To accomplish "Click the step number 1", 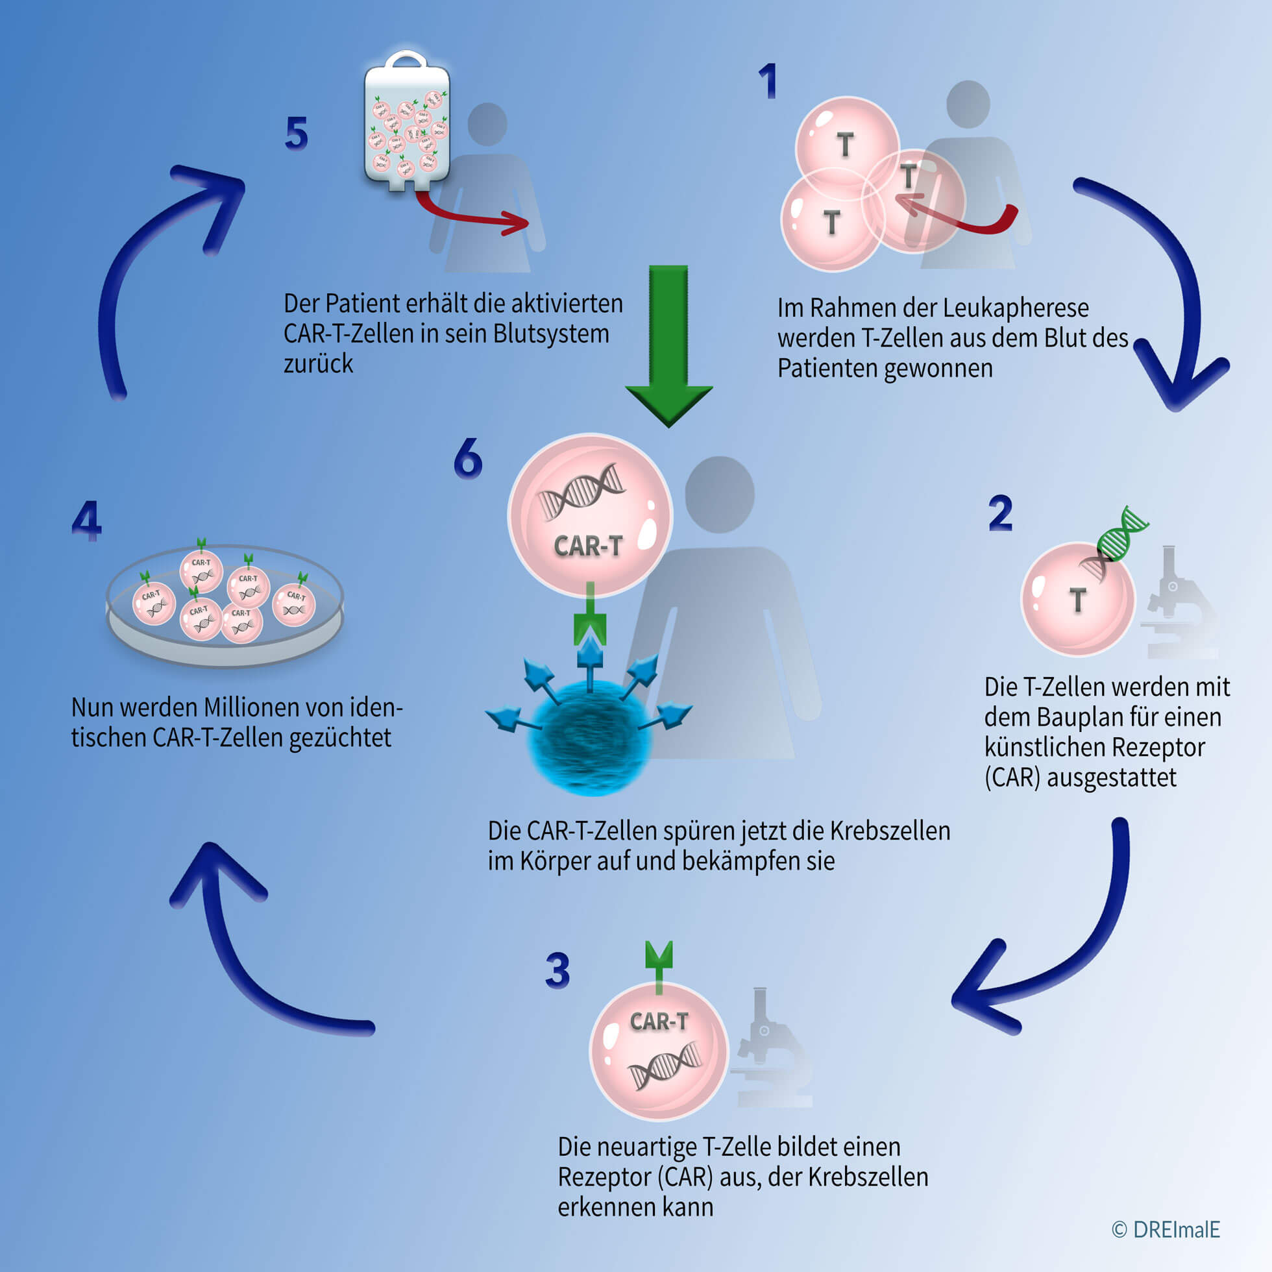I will click(x=768, y=82).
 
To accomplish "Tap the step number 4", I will click(x=86, y=520).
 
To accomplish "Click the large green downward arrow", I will click(x=668, y=343).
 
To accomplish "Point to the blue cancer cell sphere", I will click(x=591, y=740).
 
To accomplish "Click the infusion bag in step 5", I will click(x=407, y=125).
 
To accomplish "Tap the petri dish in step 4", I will click(x=225, y=605).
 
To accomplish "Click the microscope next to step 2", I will click(x=1179, y=602).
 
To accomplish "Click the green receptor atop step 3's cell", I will click(x=659, y=962).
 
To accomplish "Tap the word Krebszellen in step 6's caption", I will click(x=890, y=831).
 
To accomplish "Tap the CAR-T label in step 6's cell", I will click(x=588, y=545).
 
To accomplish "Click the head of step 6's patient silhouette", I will click(x=719, y=494).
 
